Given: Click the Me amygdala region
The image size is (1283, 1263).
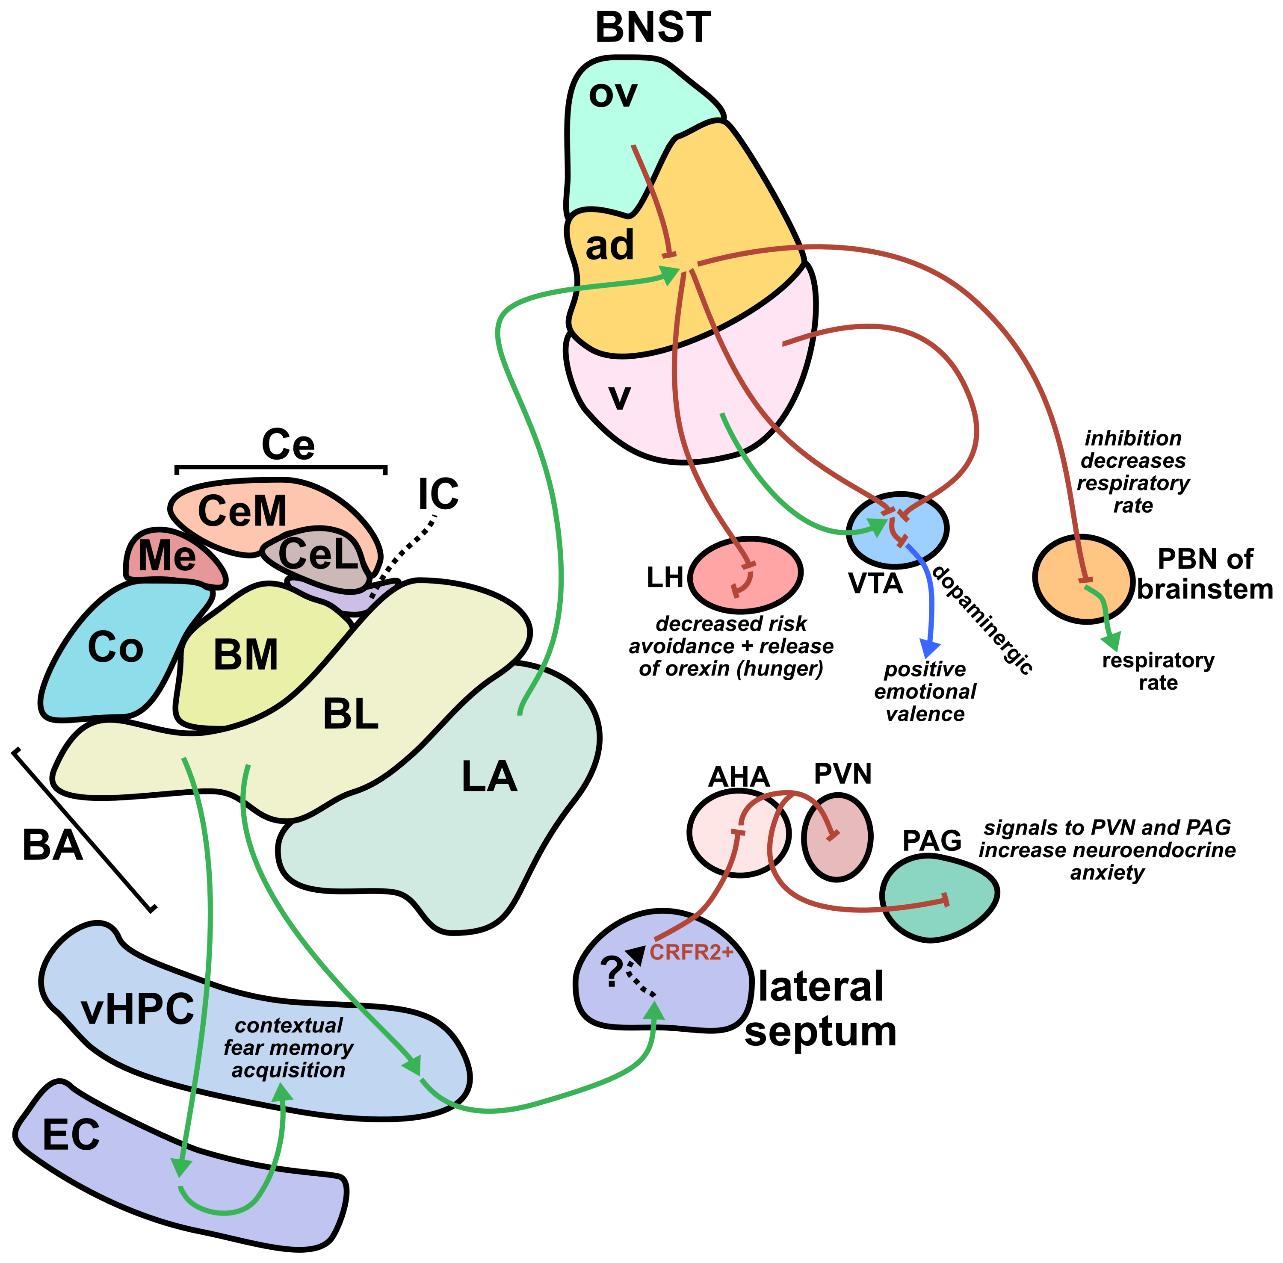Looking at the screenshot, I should [x=167, y=556].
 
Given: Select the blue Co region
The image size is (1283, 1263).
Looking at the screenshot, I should [x=115, y=647].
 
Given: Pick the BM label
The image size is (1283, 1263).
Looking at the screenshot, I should [x=245, y=655].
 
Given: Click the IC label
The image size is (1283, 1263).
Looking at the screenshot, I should [x=438, y=494].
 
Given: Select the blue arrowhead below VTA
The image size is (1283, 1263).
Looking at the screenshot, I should [x=930, y=648].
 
